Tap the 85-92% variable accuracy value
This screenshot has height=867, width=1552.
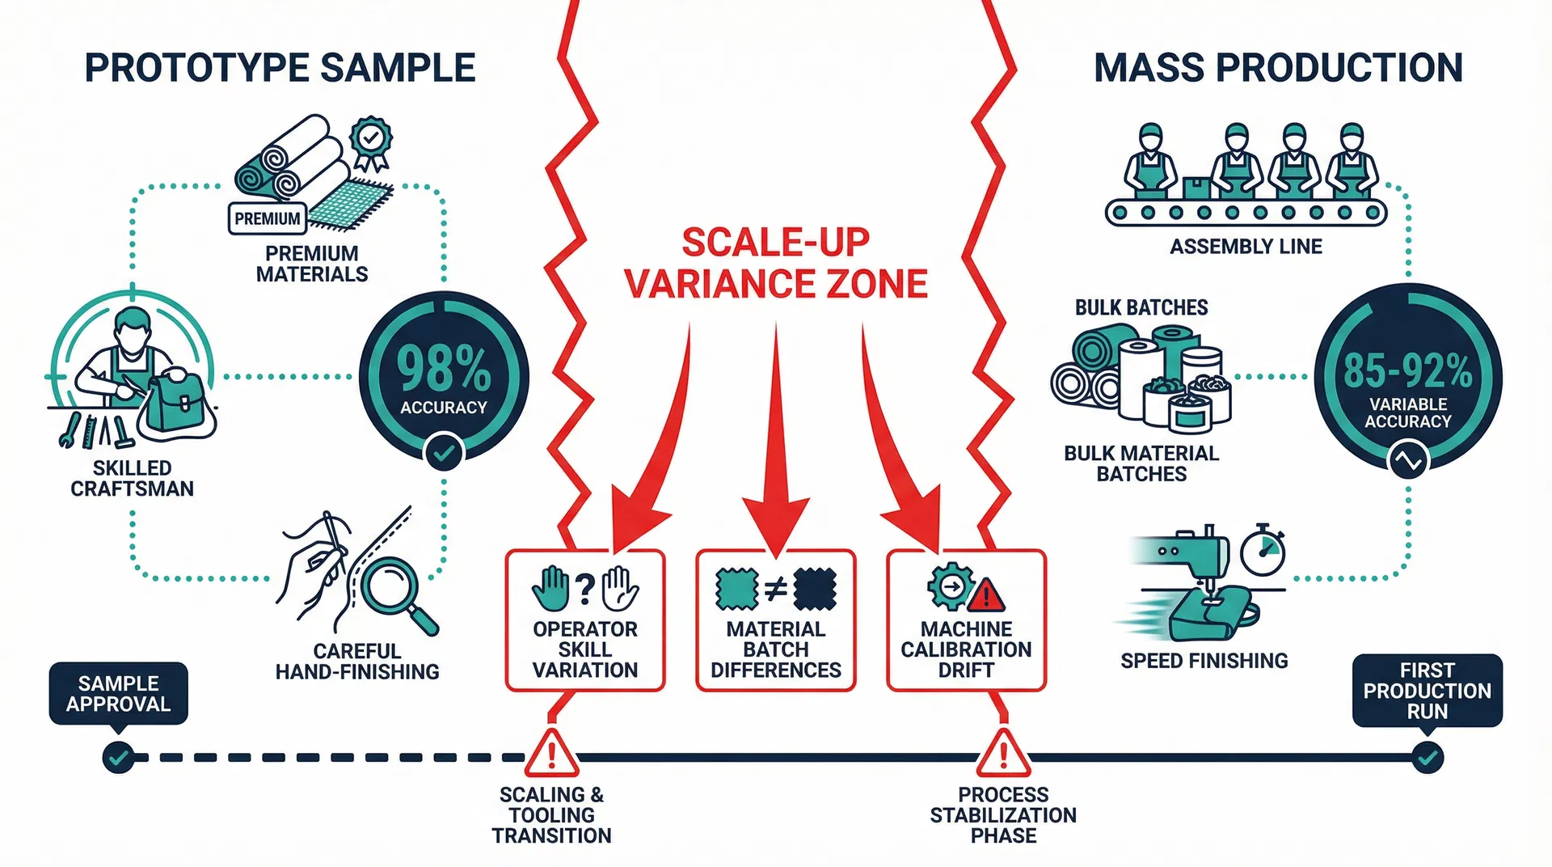pos(1407,371)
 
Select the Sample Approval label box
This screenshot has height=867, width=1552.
pos(118,693)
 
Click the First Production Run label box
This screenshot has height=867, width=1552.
pos(1427,691)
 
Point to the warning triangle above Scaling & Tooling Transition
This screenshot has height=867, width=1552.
pos(552,754)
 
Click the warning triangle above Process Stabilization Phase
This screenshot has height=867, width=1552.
pos(1003,754)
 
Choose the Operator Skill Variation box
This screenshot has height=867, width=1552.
pos(585,621)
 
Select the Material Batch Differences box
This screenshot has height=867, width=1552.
pos(776,621)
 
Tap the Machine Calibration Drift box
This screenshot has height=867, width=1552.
pos(966,621)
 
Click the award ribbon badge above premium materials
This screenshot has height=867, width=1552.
pos(371,142)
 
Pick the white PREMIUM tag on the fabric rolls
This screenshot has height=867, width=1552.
pos(267,218)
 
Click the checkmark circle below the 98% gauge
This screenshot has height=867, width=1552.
pos(444,452)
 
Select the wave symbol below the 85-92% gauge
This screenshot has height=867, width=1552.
pos(1407,461)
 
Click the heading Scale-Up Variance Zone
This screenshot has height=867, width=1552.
pos(776,264)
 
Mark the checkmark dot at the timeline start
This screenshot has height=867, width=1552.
pos(118,758)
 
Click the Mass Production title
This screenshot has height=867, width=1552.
pos(1278,68)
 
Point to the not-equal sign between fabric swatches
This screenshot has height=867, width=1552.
pos(776,588)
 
